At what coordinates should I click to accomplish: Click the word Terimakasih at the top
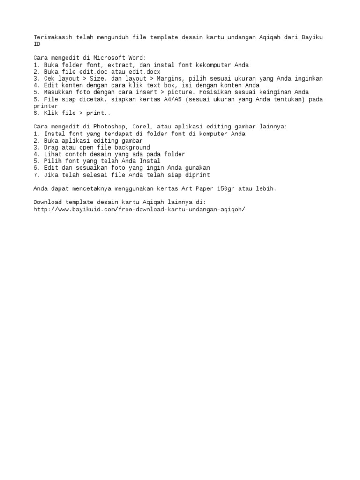[52, 37]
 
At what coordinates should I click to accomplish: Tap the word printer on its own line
[45, 106]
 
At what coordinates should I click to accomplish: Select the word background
[133, 147]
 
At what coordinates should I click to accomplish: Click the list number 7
[35, 175]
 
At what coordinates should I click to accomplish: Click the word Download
[47, 202]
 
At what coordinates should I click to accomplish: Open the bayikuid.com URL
[139, 209]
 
